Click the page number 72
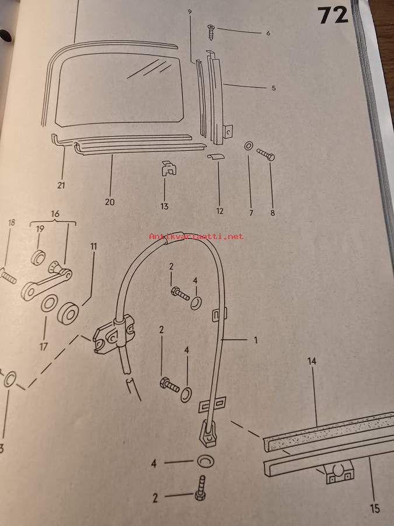click(x=333, y=16)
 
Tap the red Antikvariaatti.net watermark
click(x=196, y=237)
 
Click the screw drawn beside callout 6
click(x=211, y=32)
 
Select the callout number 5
click(x=274, y=88)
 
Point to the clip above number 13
click(x=169, y=168)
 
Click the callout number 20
click(x=110, y=202)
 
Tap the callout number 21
click(x=61, y=185)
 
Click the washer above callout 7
click(x=249, y=146)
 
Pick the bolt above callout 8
click(x=266, y=155)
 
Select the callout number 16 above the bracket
click(x=55, y=214)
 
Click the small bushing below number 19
click(x=38, y=258)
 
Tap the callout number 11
click(x=93, y=246)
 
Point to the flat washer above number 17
click(x=49, y=303)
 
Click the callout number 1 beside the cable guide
click(x=256, y=340)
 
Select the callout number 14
click(x=312, y=361)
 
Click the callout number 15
click(x=375, y=508)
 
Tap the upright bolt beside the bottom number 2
click(x=201, y=489)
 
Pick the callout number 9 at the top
click(x=190, y=12)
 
